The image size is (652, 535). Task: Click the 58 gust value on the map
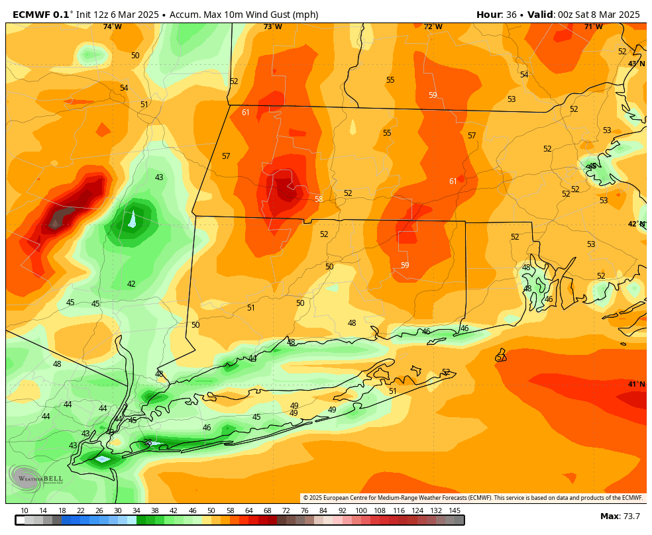pyautogui.click(x=319, y=199)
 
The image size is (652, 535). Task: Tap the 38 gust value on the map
pyautogui.click(x=148, y=442)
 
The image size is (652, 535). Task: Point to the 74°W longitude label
pyautogui.click(x=112, y=26)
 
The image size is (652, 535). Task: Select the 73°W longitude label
pyautogui.click(x=272, y=26)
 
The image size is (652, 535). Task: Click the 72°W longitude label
pyautogui.click(x=433, y=26)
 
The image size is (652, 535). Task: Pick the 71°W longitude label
pyautogui.click(x=593, y=26)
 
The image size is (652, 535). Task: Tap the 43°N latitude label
pyautogui.click(x=636, y=64)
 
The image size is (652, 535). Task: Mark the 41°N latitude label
pyautogui.click(x=636, y=384)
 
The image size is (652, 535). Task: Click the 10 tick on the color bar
pyautogui.click(x=25, y=511)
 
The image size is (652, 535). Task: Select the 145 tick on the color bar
pyautogui.click(x=455, y=511)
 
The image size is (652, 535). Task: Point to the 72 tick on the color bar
pyautogui.click(x=286, y=511)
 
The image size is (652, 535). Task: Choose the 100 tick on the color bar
pyautogui.click(x=360, y=511)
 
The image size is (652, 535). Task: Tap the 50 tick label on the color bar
pyautogui.click(x=211, y=511)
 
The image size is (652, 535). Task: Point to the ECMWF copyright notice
pyautogui.click(x=472, y=498)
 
